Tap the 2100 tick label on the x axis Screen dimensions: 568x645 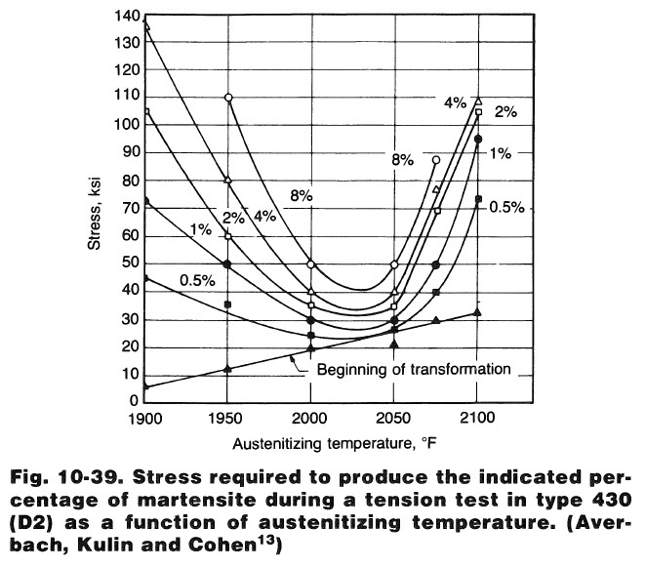coord(477,418)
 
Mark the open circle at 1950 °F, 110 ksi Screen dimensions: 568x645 coord(228,98)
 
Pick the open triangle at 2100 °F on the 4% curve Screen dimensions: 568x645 coord(477,101)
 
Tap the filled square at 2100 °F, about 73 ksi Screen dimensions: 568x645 coord(478,199)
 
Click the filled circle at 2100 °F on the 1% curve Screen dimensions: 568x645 coord(478,140)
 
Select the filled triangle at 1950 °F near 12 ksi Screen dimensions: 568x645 coord(228,369)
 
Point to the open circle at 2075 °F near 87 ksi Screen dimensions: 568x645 coord(436,160)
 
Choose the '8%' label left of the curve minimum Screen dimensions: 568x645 coord(301,197)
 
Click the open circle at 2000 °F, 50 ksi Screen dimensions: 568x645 coord(311,264)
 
